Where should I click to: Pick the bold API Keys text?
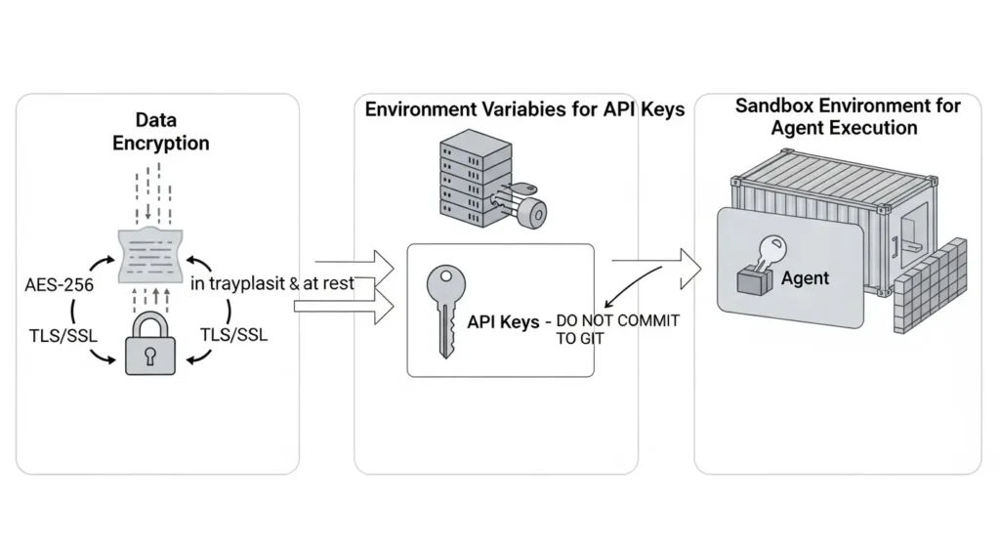tap(503, 321)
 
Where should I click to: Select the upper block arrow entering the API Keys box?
tap(357, 265)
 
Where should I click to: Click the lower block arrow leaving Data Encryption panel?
tap(344, 308)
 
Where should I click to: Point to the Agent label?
tap(805, 278)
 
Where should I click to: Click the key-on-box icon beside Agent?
tap(757, 269)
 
